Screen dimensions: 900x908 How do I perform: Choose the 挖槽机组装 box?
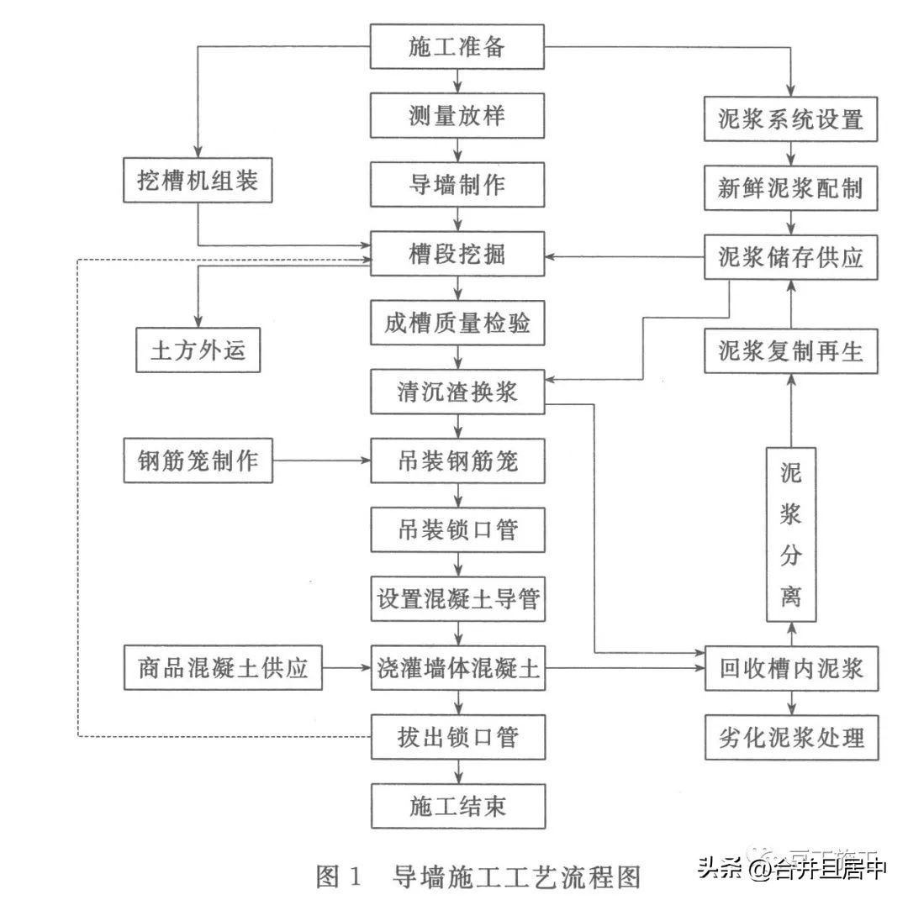pyautogui.click(x=198, y=180)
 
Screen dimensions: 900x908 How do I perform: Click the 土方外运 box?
pyautogui.click(x=198, y=350)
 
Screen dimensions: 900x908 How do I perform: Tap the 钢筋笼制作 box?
pyautogui.click(x=198, y=461)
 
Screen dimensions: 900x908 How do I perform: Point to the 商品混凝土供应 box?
pyautogui.click(x=223, y=668)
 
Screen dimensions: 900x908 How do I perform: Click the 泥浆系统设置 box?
pyautogui.click(x=791, y=118)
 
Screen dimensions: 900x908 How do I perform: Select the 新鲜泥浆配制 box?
pyautogui.click(x=791, y=187)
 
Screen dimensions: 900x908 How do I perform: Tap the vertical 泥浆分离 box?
pyautogui.click(x=791, y=535)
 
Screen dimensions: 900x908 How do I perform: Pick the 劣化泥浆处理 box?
pyautogui.click(x=791, y=738)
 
